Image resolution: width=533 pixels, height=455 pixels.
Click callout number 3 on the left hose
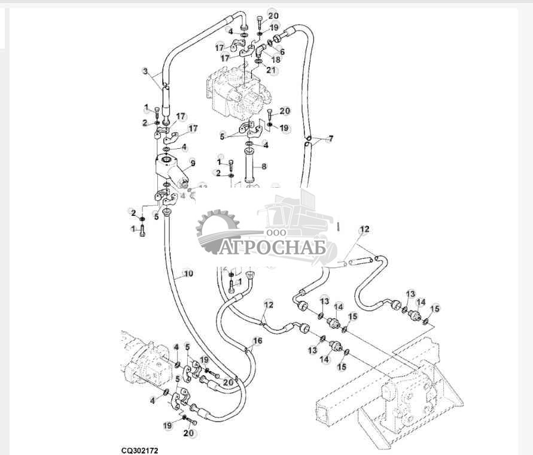click(x=145, y=71)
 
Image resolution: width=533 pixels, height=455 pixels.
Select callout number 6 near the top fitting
click(x=282, y=52)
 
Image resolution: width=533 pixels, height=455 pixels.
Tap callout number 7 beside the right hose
click(x=331, y=139)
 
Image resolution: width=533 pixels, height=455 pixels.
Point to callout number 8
click(x=264, y=166)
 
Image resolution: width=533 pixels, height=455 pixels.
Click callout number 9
click(x=193, y=162)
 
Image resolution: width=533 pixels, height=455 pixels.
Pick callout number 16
click(x=257, y=341)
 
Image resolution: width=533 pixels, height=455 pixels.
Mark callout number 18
click(x=276, y=60)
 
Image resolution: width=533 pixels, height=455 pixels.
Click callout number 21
click(x=272, y=70)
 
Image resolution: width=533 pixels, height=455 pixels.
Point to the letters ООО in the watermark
click(x=277, y=232)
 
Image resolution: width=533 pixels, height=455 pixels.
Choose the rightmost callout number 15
click(x=435, y=309)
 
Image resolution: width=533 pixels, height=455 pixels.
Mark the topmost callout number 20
click(x=273, y=16)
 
